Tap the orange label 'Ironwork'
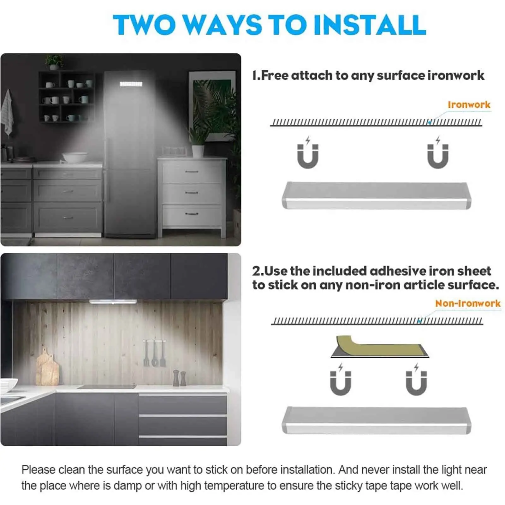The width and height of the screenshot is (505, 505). point(469,105)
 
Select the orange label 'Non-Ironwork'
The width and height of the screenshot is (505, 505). point(467,303)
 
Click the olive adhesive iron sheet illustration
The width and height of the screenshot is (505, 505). point(379,347)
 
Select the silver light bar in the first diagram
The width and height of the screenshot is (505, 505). point(376,195)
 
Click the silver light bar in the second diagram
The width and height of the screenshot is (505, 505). point(376,420)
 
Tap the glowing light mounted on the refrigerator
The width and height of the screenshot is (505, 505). point(131,84)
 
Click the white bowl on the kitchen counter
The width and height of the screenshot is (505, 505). point(75,157)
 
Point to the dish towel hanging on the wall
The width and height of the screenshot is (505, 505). point(7,112)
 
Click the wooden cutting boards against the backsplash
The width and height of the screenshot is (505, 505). point(47,368)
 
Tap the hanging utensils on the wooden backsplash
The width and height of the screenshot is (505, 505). point(154,353)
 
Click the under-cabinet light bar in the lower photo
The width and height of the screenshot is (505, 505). point(113,302)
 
